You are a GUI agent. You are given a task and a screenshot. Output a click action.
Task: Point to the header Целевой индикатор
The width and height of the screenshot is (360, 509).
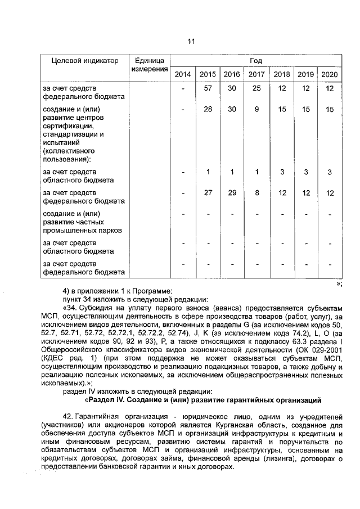[x=81, y=61]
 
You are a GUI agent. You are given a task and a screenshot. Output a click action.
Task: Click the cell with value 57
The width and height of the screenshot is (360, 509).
[x=208, y=89]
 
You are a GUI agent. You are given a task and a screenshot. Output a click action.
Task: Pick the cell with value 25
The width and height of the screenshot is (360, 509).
[x=256, y=89]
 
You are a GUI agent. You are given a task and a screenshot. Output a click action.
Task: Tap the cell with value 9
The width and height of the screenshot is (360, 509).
[x=256, y=110]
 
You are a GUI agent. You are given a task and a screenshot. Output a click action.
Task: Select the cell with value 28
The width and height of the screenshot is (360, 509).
[x=208, y=110]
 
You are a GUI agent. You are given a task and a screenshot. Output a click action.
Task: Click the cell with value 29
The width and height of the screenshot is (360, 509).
[x=232, y=193]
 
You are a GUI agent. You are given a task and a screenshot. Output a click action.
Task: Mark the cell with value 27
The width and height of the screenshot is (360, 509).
[x=208, y=193]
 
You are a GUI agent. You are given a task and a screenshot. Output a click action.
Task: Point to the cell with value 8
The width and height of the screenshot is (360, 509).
[x=256, y=193]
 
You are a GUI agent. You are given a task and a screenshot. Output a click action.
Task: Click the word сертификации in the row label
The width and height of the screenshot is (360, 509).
[x=66, y=127]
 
